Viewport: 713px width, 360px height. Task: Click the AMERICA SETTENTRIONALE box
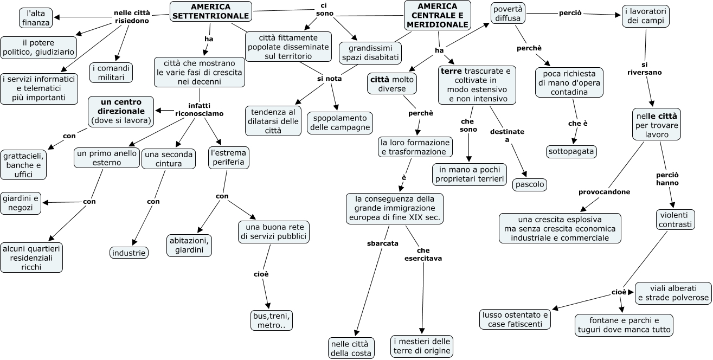point(211,11)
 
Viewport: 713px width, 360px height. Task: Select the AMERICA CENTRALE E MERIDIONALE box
point(438,15)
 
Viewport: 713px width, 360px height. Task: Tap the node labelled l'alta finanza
point(36,18)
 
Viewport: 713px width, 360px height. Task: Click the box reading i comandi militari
point(111,73)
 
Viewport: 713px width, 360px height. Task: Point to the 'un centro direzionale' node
point(121,111)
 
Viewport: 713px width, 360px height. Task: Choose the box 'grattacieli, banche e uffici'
point(23,165)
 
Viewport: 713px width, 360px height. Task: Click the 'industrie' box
point(129,253)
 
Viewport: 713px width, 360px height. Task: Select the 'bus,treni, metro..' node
point(272,320)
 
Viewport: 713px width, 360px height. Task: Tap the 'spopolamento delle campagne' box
point(340,123)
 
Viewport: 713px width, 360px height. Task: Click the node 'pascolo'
point(530,184)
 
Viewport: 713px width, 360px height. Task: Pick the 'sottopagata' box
point(571,151)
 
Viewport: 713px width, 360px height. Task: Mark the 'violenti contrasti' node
point(675,220)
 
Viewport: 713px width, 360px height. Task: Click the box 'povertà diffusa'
point(508,14)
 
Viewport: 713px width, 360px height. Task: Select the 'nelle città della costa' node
point(351,348)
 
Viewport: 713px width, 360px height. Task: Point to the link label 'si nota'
point(329,79)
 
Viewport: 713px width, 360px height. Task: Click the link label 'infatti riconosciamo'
point(199,110)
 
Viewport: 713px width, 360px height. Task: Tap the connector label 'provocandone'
point(604,192)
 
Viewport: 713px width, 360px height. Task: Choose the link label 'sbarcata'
point(383,243)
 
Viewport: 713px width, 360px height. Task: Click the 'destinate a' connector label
point(507,136)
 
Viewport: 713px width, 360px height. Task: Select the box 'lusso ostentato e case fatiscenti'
point(515,319)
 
